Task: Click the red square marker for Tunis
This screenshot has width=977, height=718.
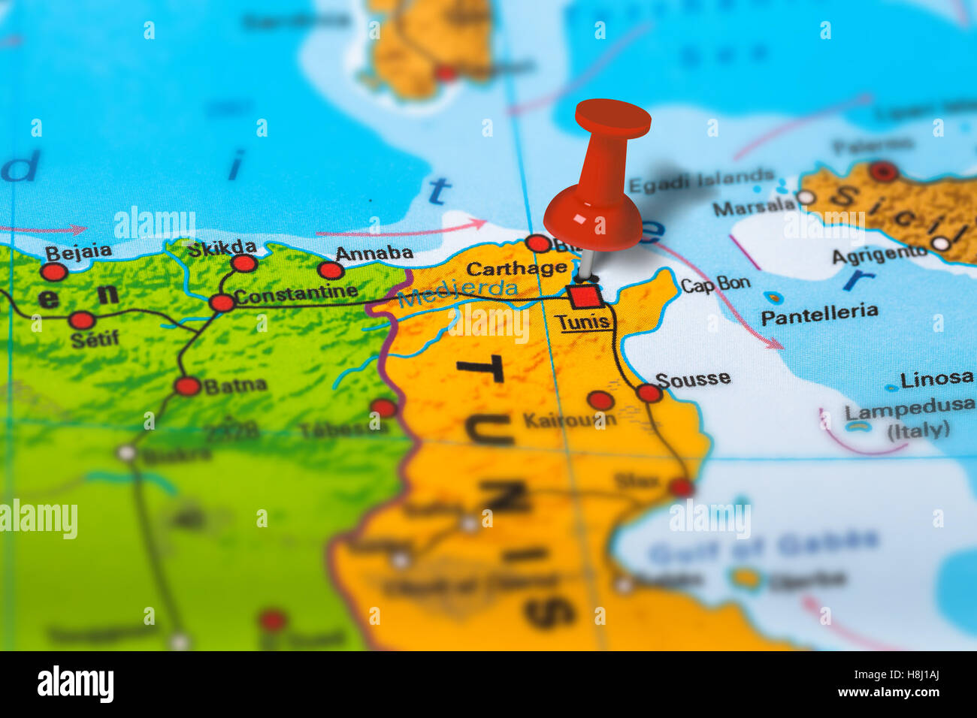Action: pos(585,296)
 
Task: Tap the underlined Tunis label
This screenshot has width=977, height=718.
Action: pos(582,322)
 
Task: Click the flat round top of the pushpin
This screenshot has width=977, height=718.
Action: pos(613,118)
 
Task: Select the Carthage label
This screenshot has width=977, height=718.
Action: pos(516,268)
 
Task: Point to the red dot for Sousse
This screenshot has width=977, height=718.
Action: pos(649,393)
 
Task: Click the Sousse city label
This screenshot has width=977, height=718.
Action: pos(692,379)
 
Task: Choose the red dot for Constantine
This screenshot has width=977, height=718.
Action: pos(222,303)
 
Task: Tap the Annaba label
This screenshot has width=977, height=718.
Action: pos(374,254)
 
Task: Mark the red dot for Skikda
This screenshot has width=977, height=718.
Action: pos(243,263)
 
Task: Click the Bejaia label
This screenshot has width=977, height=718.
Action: pos(78,252)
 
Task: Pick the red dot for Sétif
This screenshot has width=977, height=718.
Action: pos(81,321)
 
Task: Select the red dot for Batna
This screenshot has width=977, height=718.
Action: pos(187,386)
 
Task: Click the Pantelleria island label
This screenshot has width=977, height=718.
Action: pos(819,313)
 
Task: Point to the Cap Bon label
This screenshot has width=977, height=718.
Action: pos(715,284)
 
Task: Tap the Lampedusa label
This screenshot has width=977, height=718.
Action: pos(909,409)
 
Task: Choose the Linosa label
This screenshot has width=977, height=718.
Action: pos(936,379)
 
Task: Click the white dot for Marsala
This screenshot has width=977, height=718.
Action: pos(805,198)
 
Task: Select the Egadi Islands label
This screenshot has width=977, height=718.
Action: pos(700,181)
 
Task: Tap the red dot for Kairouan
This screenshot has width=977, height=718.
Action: pos(600,400)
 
